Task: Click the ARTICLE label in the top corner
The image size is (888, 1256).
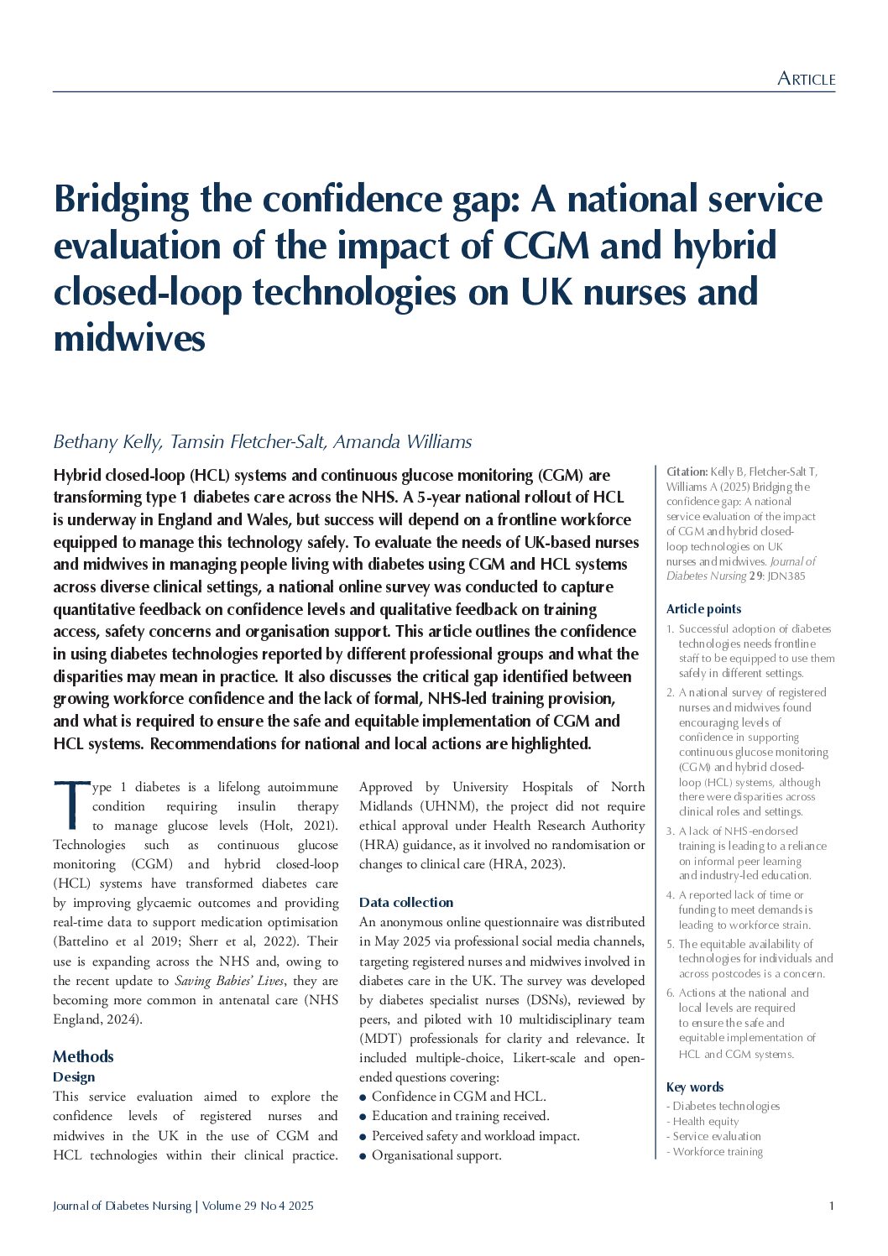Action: click(x=806, y=79)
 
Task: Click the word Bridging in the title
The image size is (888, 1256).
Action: click(x=122, y=201)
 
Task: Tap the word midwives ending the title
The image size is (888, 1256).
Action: click(x=129, y=339)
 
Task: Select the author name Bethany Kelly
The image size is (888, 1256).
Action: click(x=107, y=442)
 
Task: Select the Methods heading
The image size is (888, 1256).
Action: click(x=83, y=1056)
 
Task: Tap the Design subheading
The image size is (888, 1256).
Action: click(x=74, y=1076)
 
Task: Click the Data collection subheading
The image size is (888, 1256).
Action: click(x=406, y=902)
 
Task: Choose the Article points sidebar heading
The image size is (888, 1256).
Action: click(x=703, y=609)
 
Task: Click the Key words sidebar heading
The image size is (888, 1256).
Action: click(x=694, y=1087)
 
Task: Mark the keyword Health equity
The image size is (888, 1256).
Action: click(x=706, y=1121)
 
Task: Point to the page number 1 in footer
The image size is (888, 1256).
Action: click(x=831, y=1206)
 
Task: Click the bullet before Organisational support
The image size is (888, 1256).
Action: click(x=363, y=1155)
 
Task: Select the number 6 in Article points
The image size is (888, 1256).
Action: click(x=670, y=993)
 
